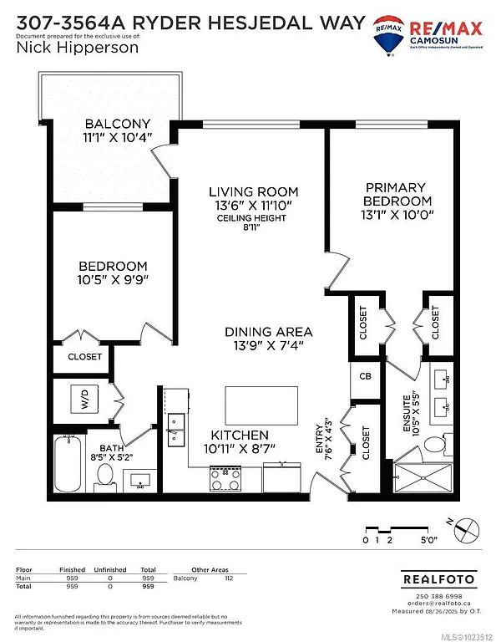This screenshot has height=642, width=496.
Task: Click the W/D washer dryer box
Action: (84, 398)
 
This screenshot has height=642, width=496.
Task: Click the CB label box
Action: (365, 376)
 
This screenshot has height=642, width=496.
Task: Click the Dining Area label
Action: (268, 331)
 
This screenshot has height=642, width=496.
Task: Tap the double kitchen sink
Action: (176, 427)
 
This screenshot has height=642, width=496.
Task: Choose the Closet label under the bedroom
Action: (84, 356)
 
